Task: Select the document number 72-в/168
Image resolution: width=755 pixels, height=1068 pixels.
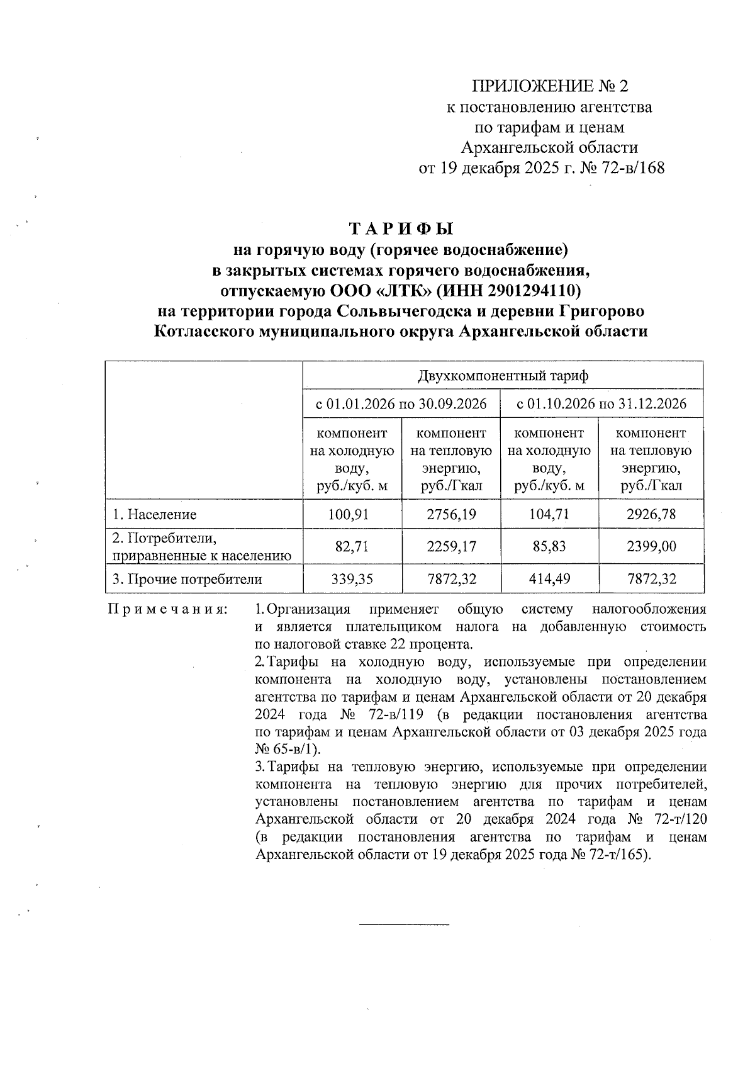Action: tap(631, 169)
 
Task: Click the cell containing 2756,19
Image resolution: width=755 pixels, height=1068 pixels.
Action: tap(451, 515)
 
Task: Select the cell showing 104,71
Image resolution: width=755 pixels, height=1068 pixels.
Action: tap(549, 515)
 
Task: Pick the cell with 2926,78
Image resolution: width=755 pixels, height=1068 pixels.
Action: tap(651, 515)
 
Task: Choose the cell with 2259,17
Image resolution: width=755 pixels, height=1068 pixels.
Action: tap(451, 546)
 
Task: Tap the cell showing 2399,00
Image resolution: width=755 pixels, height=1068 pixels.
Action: tap(651, 546)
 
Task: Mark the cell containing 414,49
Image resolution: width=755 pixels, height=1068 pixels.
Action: tap(549, 579)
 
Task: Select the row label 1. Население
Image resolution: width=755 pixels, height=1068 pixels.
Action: tap(154, 515)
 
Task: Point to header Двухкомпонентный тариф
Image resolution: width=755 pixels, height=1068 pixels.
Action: tap(503, 376)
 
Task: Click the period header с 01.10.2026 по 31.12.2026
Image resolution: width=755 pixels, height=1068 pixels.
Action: tap(601, 403)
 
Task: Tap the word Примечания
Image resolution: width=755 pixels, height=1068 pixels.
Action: tap(168, 610)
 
